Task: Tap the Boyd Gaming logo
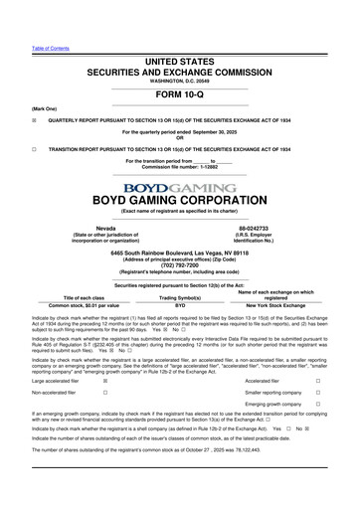coord(180,187)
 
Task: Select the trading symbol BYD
coord(180,306)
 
